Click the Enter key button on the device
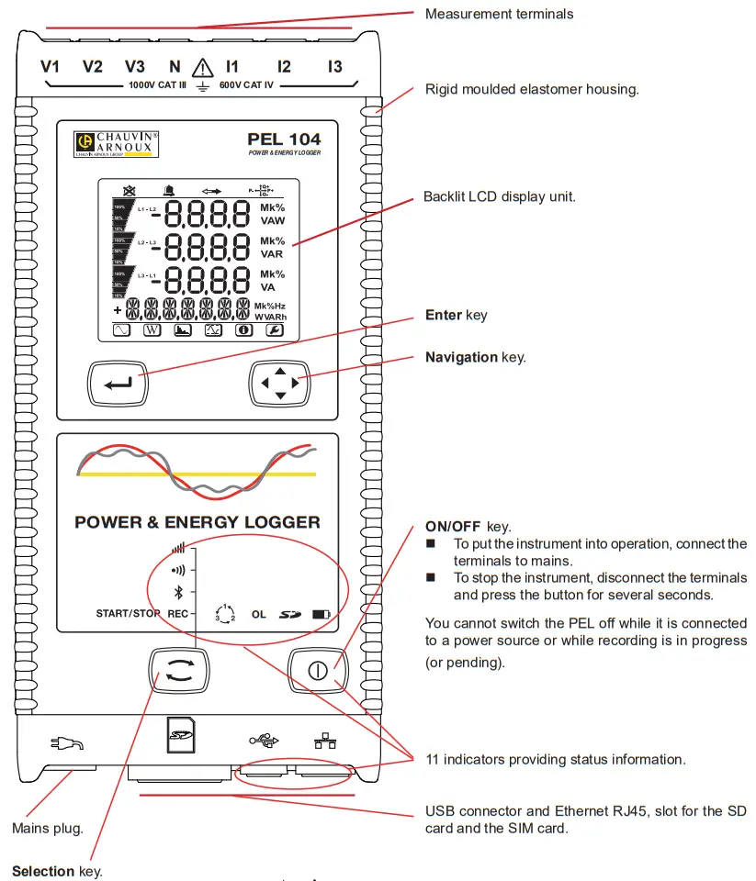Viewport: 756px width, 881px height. click(x=119, y=382)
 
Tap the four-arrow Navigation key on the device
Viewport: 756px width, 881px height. click(x=280, y=382)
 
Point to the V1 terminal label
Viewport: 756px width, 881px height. click(x=51, y=67)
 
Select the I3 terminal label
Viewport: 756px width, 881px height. click(x=335, y=67)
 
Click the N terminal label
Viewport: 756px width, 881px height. click(x=175, y=67)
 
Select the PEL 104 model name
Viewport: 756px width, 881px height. click(x=284, y=139)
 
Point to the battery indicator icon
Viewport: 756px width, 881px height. click(x=321, y=613)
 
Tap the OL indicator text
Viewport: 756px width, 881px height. click(x=259, y=613)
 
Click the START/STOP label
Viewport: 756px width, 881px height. click(x=128, y=613)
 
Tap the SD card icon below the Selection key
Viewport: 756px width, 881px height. click(x=182, y=734)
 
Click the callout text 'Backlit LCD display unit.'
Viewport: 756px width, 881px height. click(x=500, y=197)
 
